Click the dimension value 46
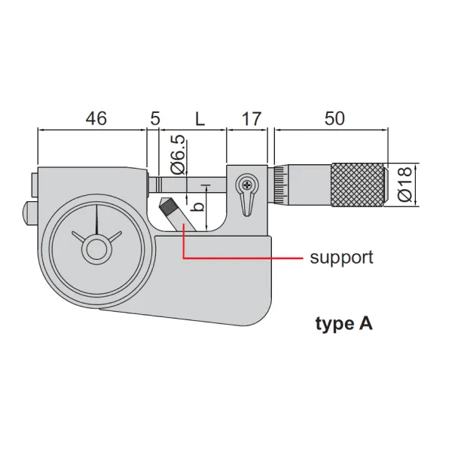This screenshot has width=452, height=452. tap(96, 118)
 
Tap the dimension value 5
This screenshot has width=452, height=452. tap(155, 118)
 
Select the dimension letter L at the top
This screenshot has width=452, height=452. tap(200, 118)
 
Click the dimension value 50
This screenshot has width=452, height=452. tap(334, 118)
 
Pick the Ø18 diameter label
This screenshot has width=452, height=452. tap(405, 184)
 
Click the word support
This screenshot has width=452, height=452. tap(341, 258)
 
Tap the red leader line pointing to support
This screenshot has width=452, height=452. tap(241, 258)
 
